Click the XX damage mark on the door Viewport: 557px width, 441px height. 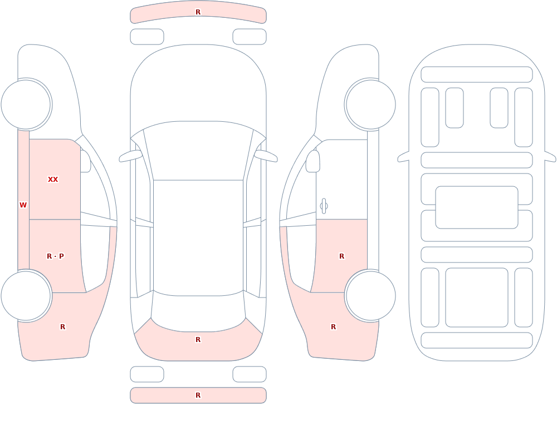(53, 180)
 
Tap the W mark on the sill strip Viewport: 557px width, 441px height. (23, 205)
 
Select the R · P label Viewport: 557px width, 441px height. (55, 256)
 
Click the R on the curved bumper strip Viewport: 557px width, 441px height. (198, 12)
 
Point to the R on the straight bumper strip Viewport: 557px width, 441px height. (198, 395)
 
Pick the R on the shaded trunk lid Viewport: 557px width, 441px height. (198, 340)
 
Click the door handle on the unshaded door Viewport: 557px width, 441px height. (324, 206)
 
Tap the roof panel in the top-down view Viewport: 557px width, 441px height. (198, 237)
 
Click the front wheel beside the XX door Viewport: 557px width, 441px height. (26, 105)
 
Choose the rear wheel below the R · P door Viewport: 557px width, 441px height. (26, 295)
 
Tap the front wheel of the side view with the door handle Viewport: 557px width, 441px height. (371, 105)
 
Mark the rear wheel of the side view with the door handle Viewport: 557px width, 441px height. (371, 295)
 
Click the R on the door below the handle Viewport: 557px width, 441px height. (342, 256)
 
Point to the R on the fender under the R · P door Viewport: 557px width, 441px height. (63, 327)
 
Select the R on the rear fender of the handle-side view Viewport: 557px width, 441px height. (333, 327)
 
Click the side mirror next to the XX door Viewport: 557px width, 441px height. (85, 161)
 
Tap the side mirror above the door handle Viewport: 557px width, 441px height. (312, 161)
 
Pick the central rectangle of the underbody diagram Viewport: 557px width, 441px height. (477, 207)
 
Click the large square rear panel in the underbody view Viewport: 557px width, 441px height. (477, 298)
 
